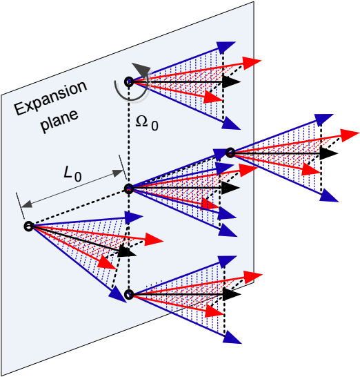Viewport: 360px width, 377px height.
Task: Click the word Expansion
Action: [x=50, y=98]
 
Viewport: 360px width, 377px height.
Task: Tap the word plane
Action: [x=59, y=121]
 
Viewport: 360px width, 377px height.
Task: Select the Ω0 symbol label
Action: [x=147, y=123]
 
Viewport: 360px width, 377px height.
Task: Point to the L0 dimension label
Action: [x=72, y=174]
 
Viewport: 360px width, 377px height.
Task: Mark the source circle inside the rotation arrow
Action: [x=129, y=82]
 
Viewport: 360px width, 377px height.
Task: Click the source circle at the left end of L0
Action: [x=28, y=226]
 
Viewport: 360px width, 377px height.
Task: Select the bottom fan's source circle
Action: [x=129, y=294]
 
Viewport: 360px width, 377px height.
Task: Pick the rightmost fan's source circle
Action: [x=230, y=153]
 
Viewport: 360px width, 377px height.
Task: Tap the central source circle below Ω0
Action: [x=129, y=188]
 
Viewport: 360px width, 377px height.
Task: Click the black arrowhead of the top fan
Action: [x=231, y=81]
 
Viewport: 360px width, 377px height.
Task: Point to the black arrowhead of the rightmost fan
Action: [x=329, y=153]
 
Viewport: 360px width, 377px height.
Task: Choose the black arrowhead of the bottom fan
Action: [x=232, y=294]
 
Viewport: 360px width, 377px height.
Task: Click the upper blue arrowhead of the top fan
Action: [x=226, y=47]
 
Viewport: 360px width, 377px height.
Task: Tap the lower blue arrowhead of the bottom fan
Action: [x=232, y=338]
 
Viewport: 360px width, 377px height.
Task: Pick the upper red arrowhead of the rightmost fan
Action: [x=350, y=135]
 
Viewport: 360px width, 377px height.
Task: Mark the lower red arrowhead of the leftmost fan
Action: [x=107, y=262]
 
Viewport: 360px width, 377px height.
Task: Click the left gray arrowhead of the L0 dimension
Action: [x=26, y=204]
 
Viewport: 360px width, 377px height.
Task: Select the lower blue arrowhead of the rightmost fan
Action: [x=329, y=195]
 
